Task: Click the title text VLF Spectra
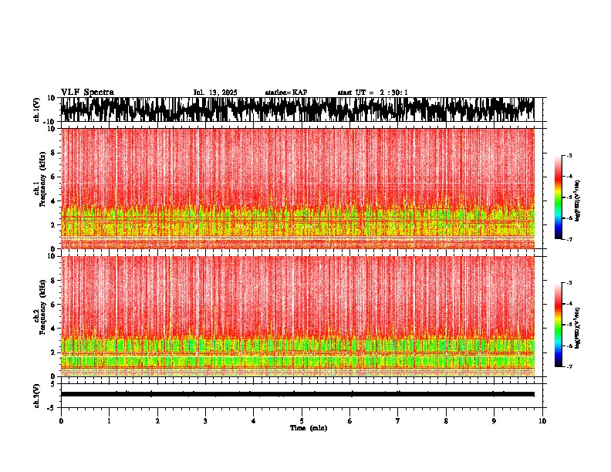87,92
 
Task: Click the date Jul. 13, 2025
215,93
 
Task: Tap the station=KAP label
285,93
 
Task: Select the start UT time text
373,93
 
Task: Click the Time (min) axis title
308,427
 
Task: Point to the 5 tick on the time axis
302,420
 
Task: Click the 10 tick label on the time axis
542,420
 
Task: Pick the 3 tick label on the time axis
205,420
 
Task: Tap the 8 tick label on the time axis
446,420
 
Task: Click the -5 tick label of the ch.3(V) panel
51,406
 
